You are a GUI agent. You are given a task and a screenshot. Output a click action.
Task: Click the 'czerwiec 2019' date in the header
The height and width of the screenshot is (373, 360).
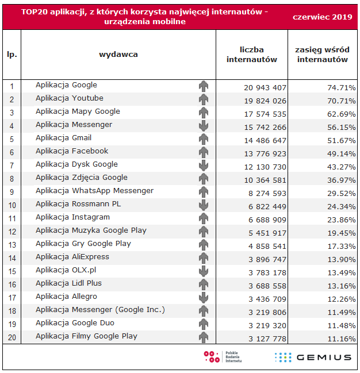coord(323,17)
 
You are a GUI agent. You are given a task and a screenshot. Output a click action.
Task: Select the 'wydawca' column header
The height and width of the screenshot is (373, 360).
coord(118,55)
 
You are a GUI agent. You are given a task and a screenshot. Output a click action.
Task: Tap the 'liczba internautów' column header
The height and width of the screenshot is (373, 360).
coord(252,55)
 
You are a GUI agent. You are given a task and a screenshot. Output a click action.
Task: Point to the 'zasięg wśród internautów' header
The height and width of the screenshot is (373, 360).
coord(323,55)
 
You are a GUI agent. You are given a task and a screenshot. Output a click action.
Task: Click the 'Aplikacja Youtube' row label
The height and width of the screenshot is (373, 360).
coord(70,98)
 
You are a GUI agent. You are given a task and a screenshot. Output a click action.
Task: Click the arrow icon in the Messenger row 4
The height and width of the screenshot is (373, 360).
coord(204,125)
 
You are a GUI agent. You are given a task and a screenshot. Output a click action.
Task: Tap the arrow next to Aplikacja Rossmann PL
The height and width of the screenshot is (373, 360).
coord(204,205)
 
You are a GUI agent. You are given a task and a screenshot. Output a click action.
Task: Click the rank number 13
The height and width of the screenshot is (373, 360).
coord(12,244)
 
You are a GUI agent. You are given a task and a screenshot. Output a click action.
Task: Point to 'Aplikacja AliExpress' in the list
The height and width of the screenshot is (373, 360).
coord(72,257)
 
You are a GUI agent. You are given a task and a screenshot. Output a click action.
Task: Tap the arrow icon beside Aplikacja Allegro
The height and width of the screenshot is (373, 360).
coord(204,297)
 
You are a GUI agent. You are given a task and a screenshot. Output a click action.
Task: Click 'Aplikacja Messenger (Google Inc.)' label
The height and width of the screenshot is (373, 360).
coord(100,310)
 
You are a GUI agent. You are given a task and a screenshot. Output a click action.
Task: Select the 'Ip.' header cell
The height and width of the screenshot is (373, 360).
coord(12,55)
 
